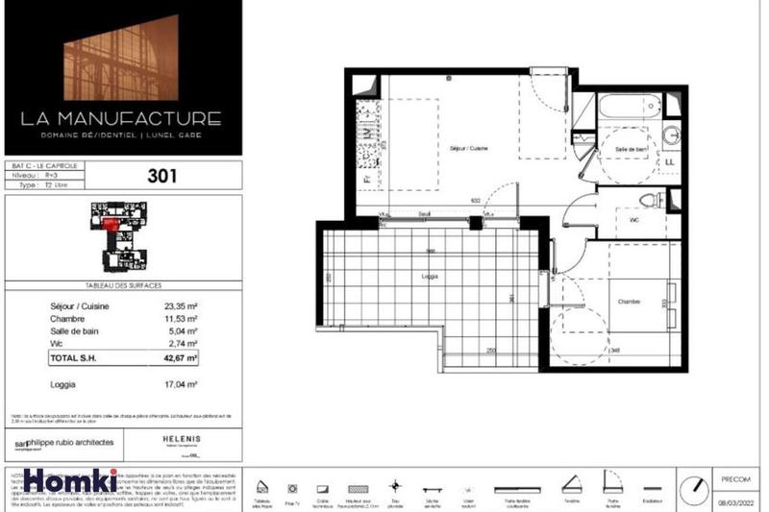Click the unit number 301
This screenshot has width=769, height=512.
point(162,176)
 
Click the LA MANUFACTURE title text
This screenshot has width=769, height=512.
point(121,120)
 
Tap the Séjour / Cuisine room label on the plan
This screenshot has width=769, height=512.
point(467,149)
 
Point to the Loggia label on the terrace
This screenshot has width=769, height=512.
point(430,276)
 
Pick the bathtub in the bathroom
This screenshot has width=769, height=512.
point(631,108)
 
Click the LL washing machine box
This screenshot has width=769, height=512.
point(668,161)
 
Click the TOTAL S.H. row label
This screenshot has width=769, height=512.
point(76,357)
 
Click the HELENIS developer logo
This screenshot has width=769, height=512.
point(181,438)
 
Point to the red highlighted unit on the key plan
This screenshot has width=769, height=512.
point(111,223)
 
